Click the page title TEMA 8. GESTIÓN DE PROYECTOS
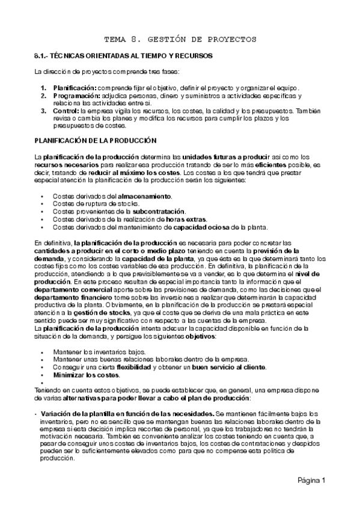[x=180, y=39]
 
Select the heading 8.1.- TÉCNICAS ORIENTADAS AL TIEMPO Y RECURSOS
[x=122, y=56]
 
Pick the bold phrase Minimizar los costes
[x=84, y=374]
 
